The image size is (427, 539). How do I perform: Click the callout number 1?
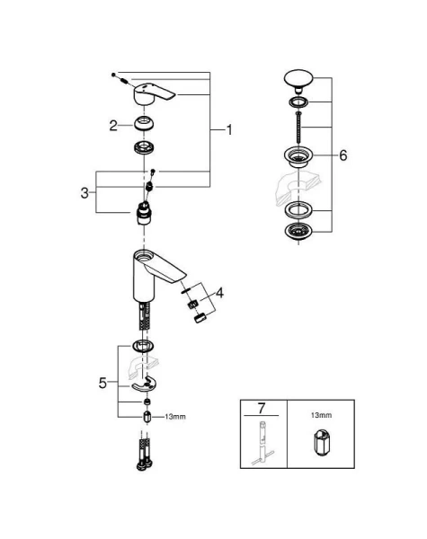tap(228, 130)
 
